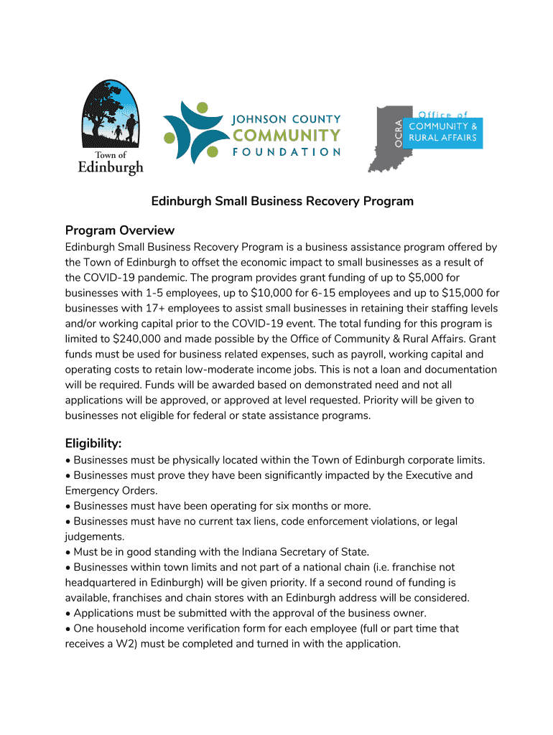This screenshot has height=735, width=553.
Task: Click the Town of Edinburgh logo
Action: click(111, 128)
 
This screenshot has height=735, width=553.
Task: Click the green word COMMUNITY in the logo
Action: click(286, 135)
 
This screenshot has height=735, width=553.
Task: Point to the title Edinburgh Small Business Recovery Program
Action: click(282, 201)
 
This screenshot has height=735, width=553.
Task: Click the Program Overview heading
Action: click(120, 230)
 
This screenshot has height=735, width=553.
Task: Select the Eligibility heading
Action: click(93, 444)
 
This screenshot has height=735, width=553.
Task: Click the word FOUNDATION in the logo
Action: click(286, 152)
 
